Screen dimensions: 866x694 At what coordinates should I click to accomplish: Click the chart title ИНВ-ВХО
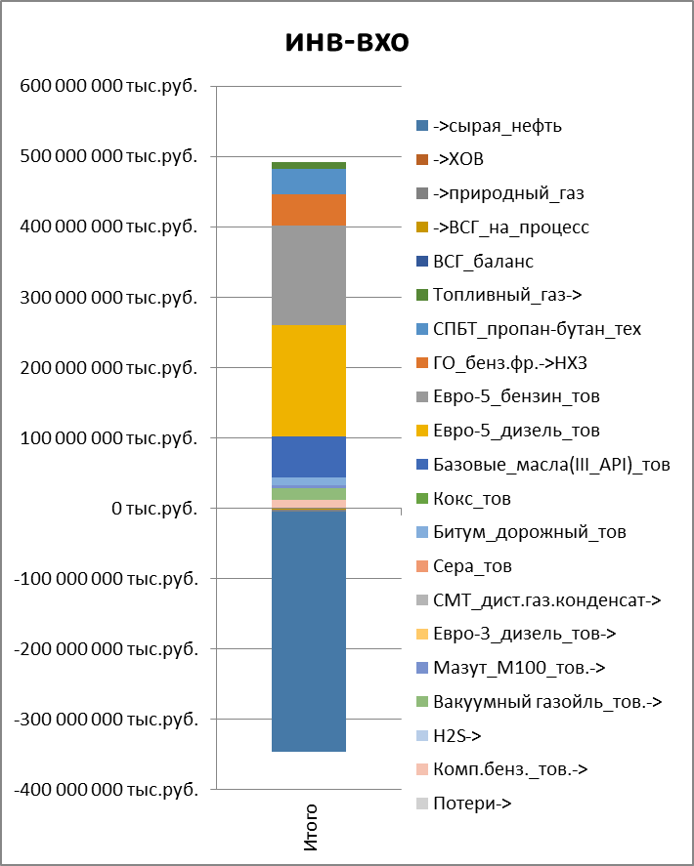point(347,42)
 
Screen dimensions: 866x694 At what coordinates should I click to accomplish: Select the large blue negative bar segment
point(308,630)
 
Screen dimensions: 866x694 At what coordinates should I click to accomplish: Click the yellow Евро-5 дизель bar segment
point(308,381)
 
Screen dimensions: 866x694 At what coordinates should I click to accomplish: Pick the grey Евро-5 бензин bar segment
point(308,275)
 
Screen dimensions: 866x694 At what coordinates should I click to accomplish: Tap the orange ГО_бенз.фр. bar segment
point(308,210)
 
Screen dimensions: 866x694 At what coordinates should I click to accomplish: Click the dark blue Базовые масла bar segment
point(308,456)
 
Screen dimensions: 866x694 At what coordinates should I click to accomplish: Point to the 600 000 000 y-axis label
point(108,86)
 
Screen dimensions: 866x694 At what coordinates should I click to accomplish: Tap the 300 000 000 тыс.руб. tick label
point(108,298)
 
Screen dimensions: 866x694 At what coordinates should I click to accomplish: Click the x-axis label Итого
point(310,826)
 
